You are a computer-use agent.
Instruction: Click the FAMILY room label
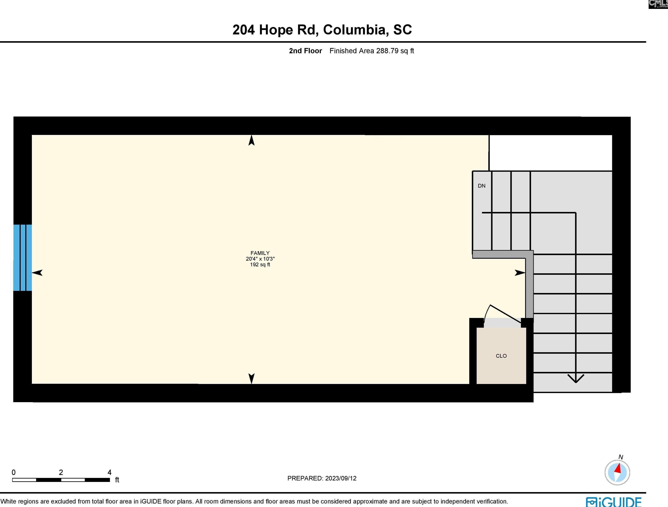point(260,253)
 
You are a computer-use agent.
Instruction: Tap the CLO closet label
point(501,356)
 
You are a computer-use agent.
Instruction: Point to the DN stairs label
point(481,186)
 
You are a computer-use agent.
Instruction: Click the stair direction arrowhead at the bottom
point(575,378)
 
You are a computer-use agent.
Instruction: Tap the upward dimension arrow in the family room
point(251,141)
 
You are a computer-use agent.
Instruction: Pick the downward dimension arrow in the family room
point(251,378)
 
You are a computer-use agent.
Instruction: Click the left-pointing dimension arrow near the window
point(37,273)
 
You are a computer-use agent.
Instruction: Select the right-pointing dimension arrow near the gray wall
point(520,273)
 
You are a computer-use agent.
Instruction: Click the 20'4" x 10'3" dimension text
point(260,259)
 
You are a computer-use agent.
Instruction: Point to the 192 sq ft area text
point(260,265)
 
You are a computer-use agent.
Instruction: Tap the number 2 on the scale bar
point(61,473)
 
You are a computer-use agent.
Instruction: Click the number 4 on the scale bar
point(110,473)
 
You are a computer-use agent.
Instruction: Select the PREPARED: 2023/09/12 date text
point(322,478)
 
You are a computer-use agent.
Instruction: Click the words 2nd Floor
point(305,51)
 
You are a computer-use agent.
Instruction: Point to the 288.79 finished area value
point(387,51)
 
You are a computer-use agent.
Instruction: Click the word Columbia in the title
point(356,30)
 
